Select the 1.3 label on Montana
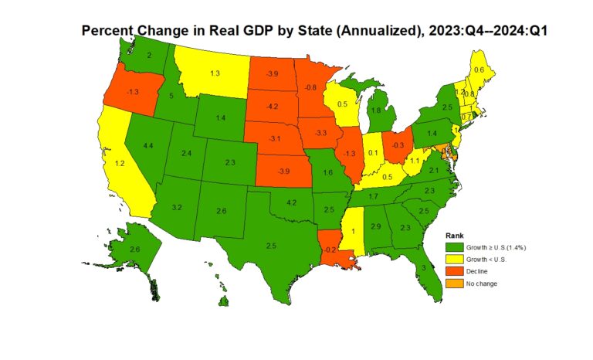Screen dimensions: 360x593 point(215,73)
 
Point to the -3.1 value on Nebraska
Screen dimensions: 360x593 point(274,138)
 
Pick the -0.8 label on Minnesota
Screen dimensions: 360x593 point(311,87)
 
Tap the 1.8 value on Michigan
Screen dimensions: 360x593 point(376,110)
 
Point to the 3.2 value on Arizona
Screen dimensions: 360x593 point(176,208)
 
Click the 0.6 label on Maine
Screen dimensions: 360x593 point(479,70)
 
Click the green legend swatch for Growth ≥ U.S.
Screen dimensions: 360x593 point(456,246)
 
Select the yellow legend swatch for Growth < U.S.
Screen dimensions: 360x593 point(456,259)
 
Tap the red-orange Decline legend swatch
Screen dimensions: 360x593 point(456,271)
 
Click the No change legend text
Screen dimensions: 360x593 point(482,284)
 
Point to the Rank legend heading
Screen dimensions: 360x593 point(456,234)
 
